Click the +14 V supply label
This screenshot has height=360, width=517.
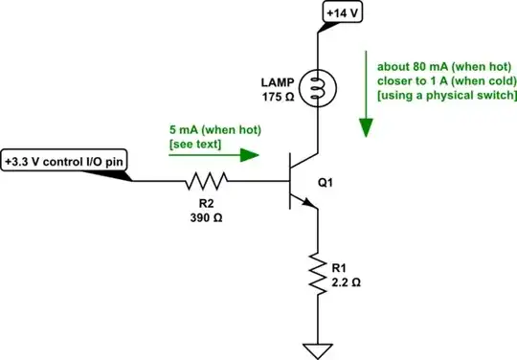tap(344, 13)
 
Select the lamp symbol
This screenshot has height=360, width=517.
tap(317, 90)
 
